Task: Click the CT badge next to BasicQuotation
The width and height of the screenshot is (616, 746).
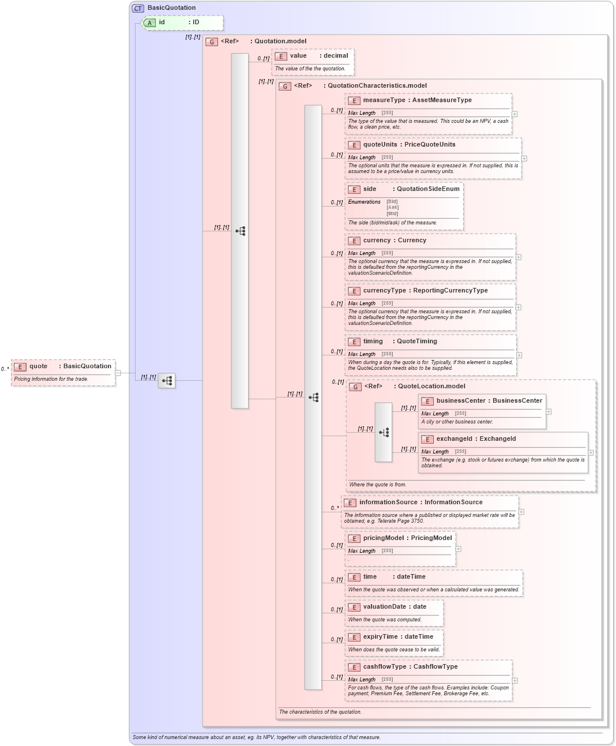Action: pyautogui.click(x=138, y=8)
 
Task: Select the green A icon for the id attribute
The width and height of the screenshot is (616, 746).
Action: pyautogui.click(x=149, y=23)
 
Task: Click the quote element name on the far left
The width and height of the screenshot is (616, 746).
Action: pyautogui.click(x=39, y=366)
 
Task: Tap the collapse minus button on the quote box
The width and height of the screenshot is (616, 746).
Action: pyautogui.click(x=118, y=373)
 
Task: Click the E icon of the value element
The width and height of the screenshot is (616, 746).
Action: pyautogui.click(x=281, y=56)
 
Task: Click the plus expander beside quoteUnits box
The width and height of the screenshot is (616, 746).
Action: pyautogui.click(x=524, y=158)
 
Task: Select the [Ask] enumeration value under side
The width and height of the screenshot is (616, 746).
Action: pyautogui.click(x=392, y=208)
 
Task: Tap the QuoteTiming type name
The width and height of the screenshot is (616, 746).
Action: pyautogui.click(x=416, y=342)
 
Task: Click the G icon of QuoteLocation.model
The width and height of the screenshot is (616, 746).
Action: pyautogui.click(x=355, y=387)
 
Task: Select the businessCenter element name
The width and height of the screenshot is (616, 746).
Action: pyautogui.click(x=461, y=401)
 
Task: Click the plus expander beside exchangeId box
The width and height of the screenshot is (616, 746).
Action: pyautogui.click(x=591, y=452)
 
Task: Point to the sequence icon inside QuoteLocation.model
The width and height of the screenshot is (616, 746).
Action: pyautogui.click(x=384, y=432)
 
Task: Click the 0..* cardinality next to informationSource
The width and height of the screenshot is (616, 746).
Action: pyautogui.click(x=335, y=508)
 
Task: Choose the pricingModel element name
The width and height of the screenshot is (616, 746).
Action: pyautogui.click(x=383, y=538)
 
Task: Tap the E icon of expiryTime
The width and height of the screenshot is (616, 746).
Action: pyautogui.click(x=354, y=638)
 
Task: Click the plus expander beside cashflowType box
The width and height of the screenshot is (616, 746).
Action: pyautogui.click(x=514, y=680)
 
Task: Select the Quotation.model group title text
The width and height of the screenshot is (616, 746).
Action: pyautogui.click(x=280, y=42)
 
